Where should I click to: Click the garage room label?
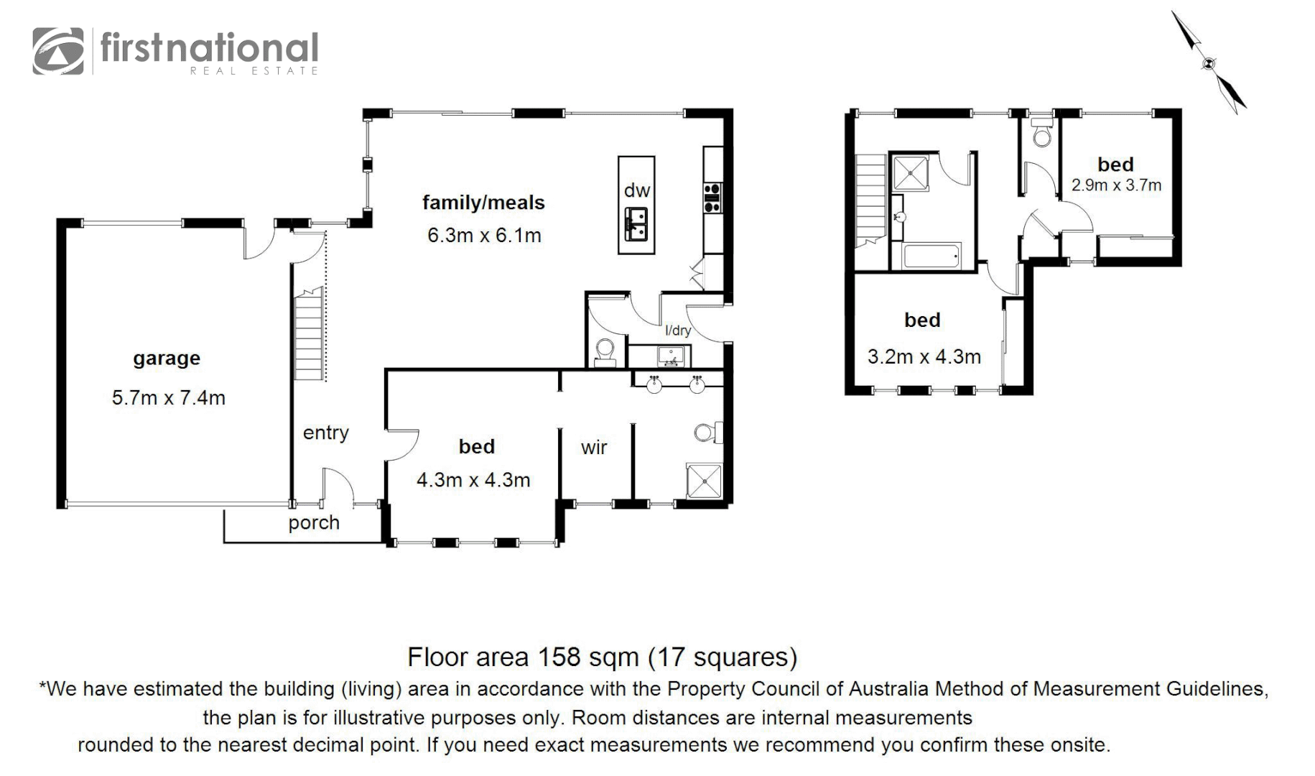(166, 359)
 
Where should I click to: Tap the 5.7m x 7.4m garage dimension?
(168, 398)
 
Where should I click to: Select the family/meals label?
(483, 203)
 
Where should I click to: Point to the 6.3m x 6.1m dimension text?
(484, 236)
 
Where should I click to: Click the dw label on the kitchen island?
(636, 190)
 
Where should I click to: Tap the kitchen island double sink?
(636, 224)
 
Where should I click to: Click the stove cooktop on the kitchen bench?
(712, 198)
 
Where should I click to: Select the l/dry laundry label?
(677, 331)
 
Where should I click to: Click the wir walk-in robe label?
(594, 448)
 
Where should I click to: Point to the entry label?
(325, 433)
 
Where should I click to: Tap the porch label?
(314, 523)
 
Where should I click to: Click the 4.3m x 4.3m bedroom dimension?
(473, 480)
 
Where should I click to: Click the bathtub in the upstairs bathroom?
(931, 256)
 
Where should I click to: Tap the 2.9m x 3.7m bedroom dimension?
(1116, 185)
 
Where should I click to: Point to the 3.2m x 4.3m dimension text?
(924, 357)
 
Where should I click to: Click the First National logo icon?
(58, 51)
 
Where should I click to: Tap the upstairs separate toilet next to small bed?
(1041, 134)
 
